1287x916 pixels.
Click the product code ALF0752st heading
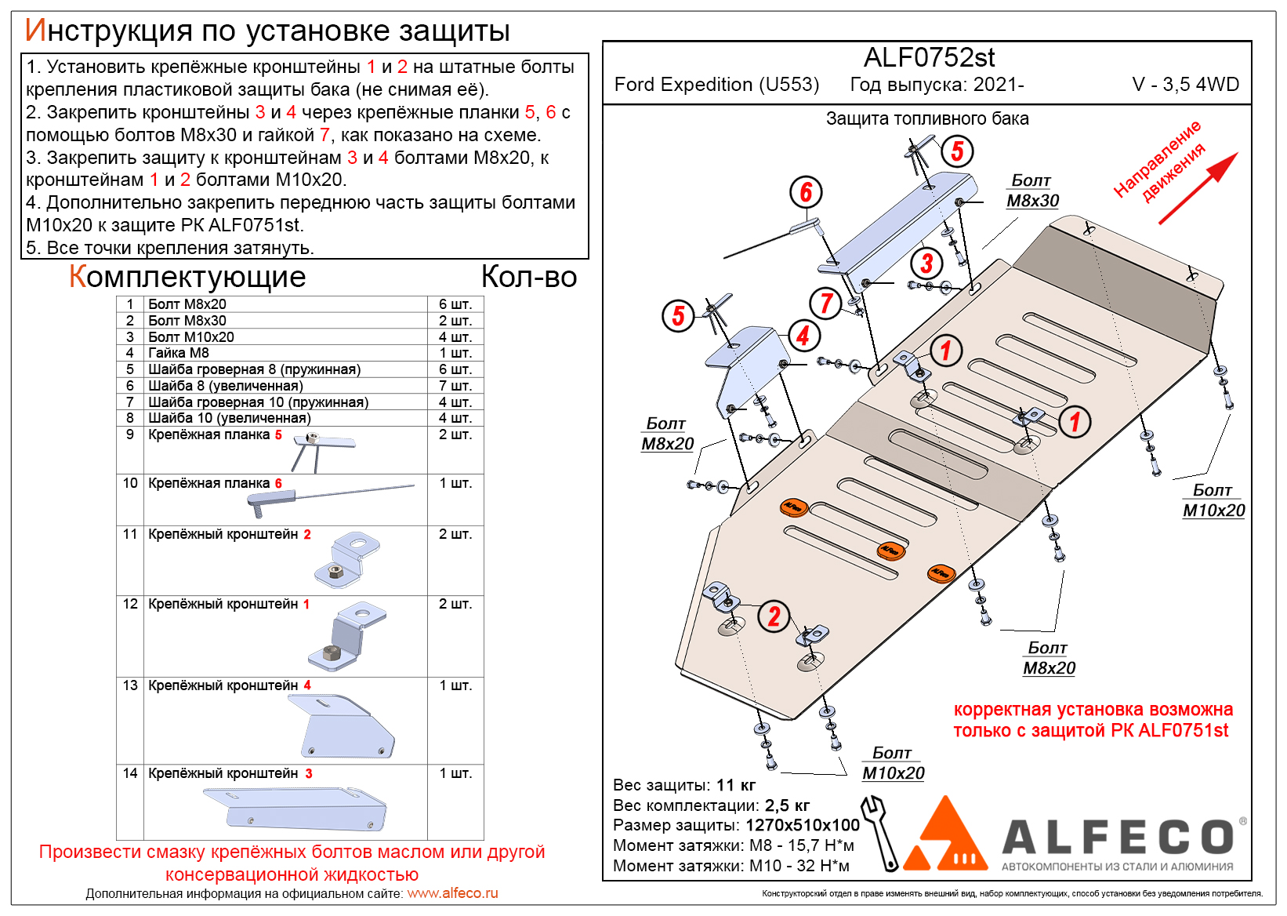click(x=929, y=57)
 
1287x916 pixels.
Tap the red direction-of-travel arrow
click(x=1198, y=187)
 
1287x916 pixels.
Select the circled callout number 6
click(x=806, y=192)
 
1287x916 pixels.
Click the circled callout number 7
click(x=825, y=303)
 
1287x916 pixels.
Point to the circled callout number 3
click(x=926, y=264)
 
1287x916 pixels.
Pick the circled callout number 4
click(x=804, y=336)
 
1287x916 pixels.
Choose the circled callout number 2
click(x=774, y=616)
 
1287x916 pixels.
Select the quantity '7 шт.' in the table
click(x=455, y=385)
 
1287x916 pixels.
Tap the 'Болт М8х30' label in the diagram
click(x=1032, y=191)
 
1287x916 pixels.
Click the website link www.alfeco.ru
click(x=453, y=893)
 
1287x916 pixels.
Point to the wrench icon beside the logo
click(x=880, y=833)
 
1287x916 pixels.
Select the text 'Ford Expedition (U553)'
click(x=716, y=85)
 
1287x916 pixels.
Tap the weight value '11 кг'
click(x=736, y=785)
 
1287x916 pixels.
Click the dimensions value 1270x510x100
click(x=803, y=825)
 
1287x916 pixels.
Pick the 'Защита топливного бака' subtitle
click(x=927, y=118)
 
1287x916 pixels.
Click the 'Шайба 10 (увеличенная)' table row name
click(x=229, y=418)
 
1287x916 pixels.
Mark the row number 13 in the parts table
click(x=130, y=685)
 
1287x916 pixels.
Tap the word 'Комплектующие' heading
click(x=187, y=277)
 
